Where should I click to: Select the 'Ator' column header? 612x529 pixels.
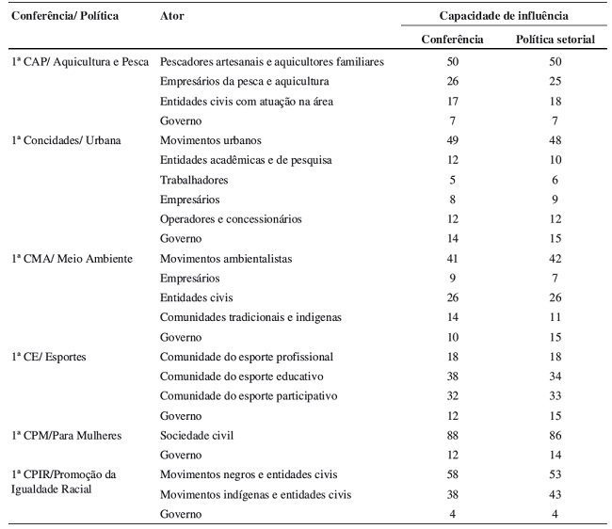coord(172,17)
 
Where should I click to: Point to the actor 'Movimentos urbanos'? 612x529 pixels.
coord(211,140)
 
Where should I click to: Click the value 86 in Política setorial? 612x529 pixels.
coord(556,436)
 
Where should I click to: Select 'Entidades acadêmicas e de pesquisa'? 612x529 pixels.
coord(246,160)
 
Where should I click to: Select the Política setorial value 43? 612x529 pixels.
coord(556,494)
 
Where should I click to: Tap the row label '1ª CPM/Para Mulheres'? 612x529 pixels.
coord(65,436)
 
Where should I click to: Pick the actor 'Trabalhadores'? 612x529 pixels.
coord(194,180)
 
